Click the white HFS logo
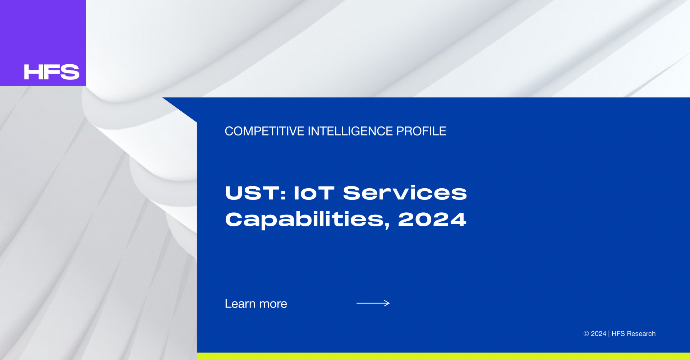(51, 72)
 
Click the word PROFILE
(421, 131)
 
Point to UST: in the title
(256, 193)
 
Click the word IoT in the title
(314, 193)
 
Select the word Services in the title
(405, 193)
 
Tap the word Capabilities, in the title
(308, 220)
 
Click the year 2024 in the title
(432, 220)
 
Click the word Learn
(240, 304)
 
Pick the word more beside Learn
(273, 305)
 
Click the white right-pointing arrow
(373, 303)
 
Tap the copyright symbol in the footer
(586, 334)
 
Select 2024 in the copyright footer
(598, 334)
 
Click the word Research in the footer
(641, 334)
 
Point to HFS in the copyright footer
(618, 334)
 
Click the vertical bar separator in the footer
(609, 334)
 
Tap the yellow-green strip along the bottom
(443, 356)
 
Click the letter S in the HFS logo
(70, 72)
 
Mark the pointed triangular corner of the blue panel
(163, 98)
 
